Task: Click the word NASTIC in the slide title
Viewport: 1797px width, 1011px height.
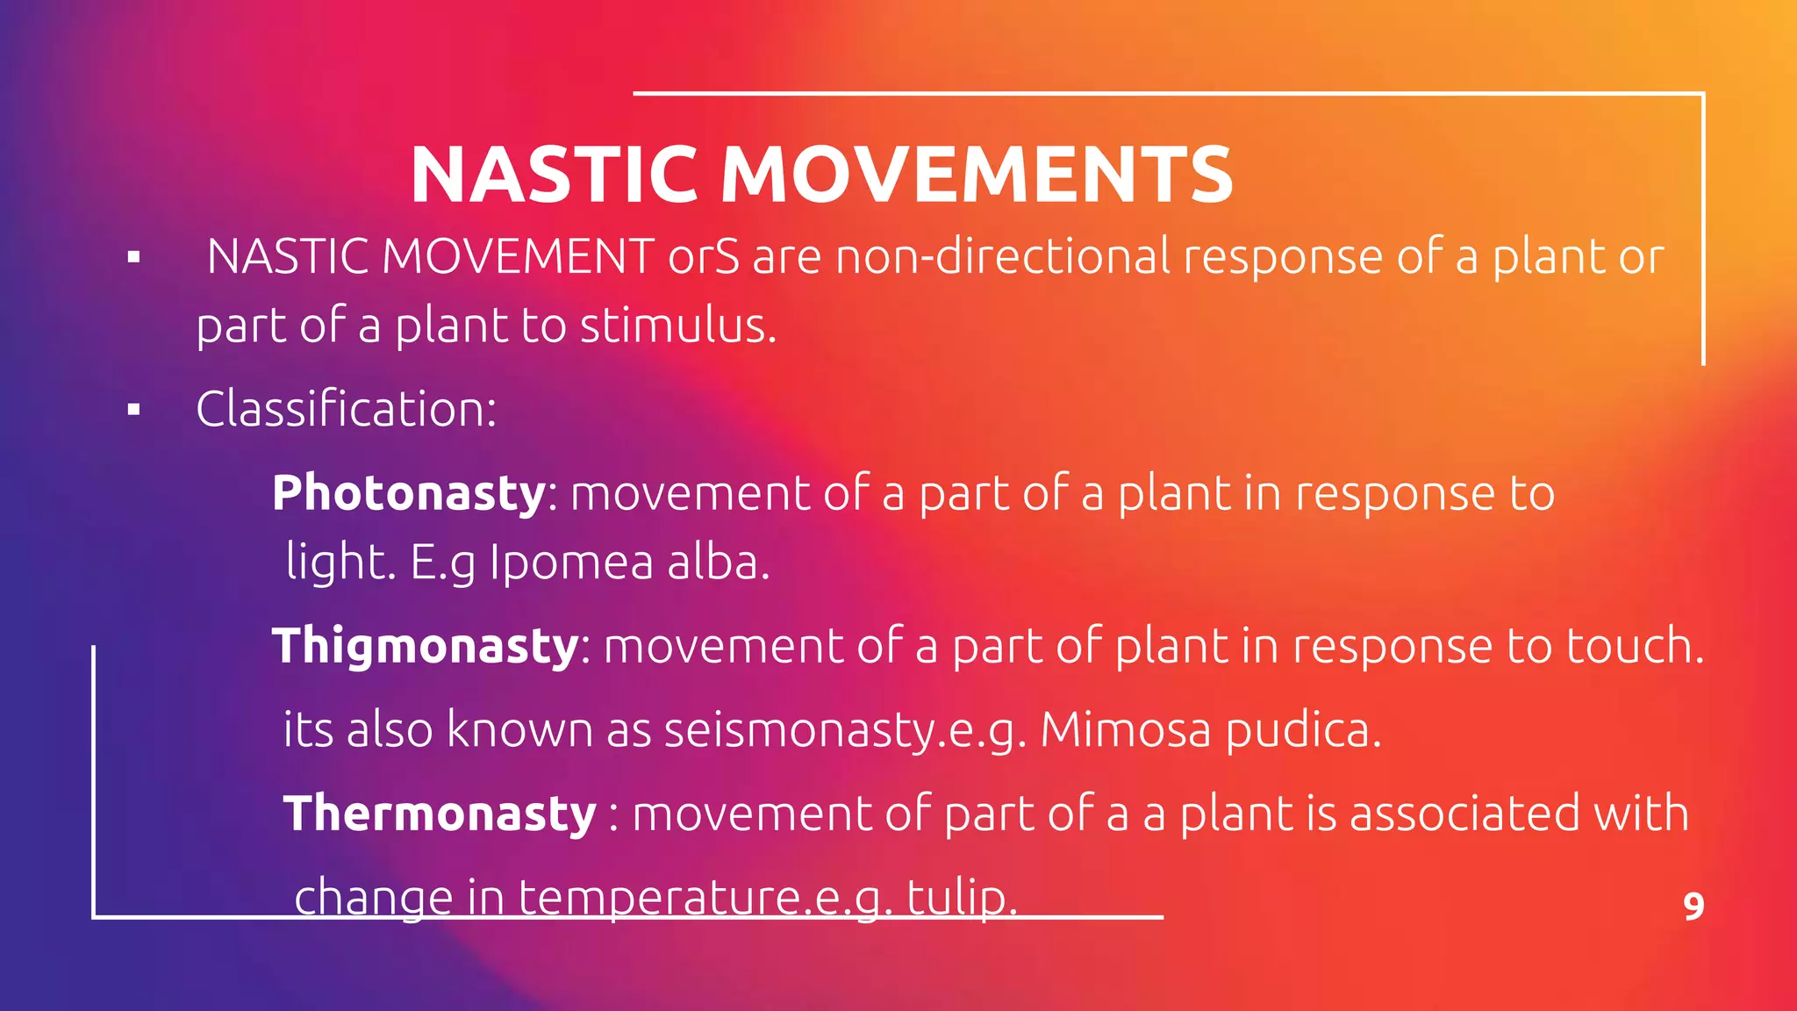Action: coord(554,175)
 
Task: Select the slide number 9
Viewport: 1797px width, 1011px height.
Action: coord(1693,906)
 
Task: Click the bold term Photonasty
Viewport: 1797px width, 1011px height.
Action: coord(409,492)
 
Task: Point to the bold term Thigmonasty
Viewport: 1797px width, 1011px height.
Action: coord(426,646)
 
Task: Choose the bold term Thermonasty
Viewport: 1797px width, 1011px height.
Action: coord(440,813)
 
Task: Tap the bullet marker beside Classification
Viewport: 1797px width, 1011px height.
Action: coord(133,410)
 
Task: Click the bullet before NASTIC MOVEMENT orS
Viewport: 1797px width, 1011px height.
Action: coord(133,258)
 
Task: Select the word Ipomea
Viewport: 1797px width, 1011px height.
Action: coord(570,563)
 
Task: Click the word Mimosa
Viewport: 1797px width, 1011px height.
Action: coord(1124,729)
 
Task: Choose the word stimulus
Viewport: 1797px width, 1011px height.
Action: coord(677,326)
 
